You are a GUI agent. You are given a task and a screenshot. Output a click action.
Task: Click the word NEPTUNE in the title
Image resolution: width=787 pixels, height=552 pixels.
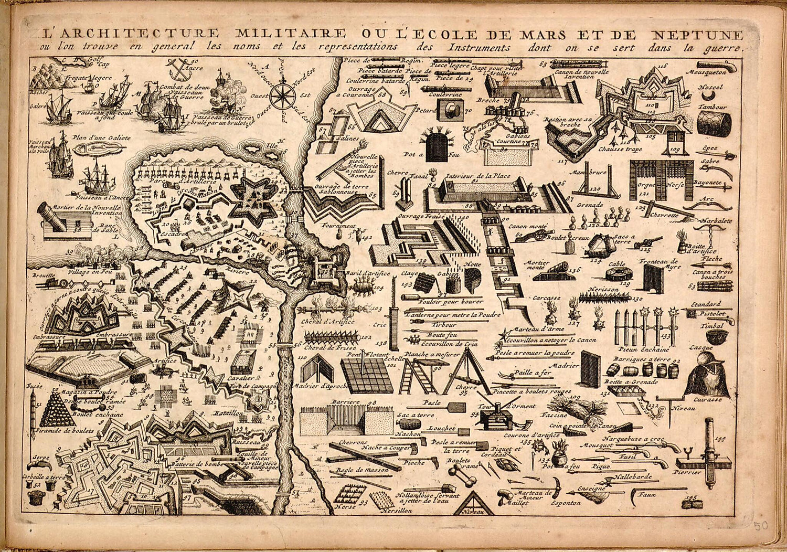pos(697,35)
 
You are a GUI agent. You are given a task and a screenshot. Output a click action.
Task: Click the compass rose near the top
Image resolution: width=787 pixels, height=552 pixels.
pos(282,96)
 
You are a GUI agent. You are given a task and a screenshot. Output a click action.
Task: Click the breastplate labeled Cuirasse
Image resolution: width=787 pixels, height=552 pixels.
pos(707,382)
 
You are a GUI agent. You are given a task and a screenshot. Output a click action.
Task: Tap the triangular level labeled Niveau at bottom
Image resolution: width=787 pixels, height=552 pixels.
pos(475,504)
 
